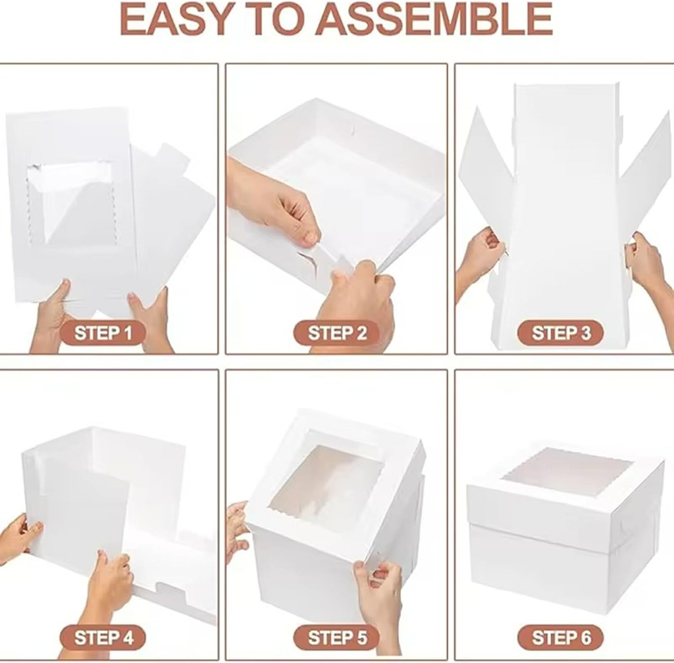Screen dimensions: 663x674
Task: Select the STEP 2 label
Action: pos(336,332)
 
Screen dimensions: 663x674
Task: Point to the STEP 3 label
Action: pos(560,332)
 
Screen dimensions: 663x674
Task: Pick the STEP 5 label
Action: pos(336,637)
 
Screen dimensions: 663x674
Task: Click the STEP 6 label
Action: pos(560,637)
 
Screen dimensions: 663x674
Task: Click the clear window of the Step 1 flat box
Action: pos(72,204)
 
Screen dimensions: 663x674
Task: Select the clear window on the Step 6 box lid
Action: pos(569,471)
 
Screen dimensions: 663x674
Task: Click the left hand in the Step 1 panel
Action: pos(53,316)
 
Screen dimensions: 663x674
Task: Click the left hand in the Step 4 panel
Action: pos(20,537)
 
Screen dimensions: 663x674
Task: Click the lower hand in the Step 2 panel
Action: pos(355,296)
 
